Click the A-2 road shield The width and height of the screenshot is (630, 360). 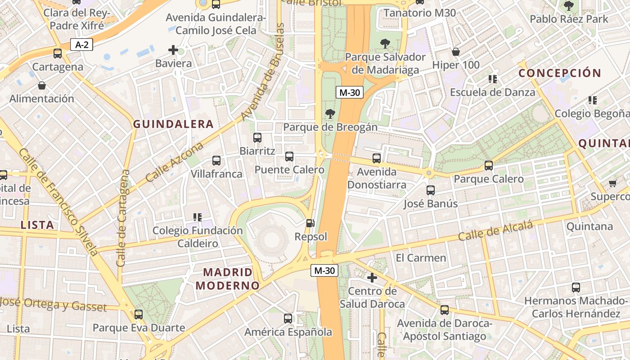tap(81, 45)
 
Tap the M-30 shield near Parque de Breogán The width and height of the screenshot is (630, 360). tap(349, 93)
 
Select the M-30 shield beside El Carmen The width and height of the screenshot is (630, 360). tap(324, 270)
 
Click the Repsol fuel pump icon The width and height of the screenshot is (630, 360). tap(310, 223)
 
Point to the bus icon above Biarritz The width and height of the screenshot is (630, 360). tap(257, 138)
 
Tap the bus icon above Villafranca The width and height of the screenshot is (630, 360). tap(216, 161)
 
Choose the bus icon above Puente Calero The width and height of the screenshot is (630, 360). tap(289, 157)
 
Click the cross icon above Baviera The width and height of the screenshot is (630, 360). tap(173, 50)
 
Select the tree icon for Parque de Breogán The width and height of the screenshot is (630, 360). tap(330, 114)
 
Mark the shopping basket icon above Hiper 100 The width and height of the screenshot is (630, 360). tap(456, 52)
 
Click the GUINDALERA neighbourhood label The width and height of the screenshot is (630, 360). tap(173, 124)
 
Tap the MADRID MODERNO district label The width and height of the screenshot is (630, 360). tap(228, 279)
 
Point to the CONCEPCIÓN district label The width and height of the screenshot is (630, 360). tap(560, 73)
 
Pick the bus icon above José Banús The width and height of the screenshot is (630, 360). tap(431, 190)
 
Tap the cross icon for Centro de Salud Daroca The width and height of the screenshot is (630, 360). tap(372, 278)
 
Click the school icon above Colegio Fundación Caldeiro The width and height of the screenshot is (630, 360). tap(197, 217)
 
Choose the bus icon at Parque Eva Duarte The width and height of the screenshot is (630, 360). tap(139, 315)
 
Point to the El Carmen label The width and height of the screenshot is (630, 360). tap(421, 258)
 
